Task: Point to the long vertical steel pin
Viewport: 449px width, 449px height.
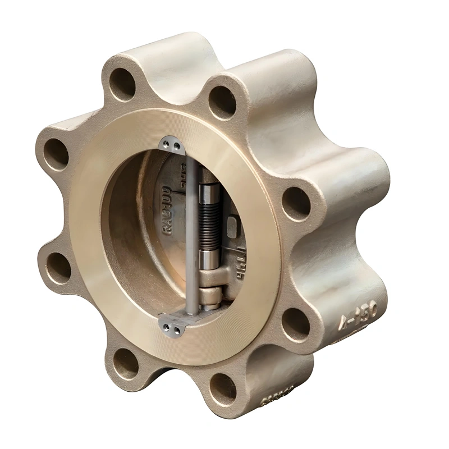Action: click(191, 236)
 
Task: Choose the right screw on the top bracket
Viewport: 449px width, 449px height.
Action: click(177, 146)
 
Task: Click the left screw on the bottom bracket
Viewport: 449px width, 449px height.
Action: click(166, 324)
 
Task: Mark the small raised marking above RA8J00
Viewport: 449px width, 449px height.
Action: click(182, 171)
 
